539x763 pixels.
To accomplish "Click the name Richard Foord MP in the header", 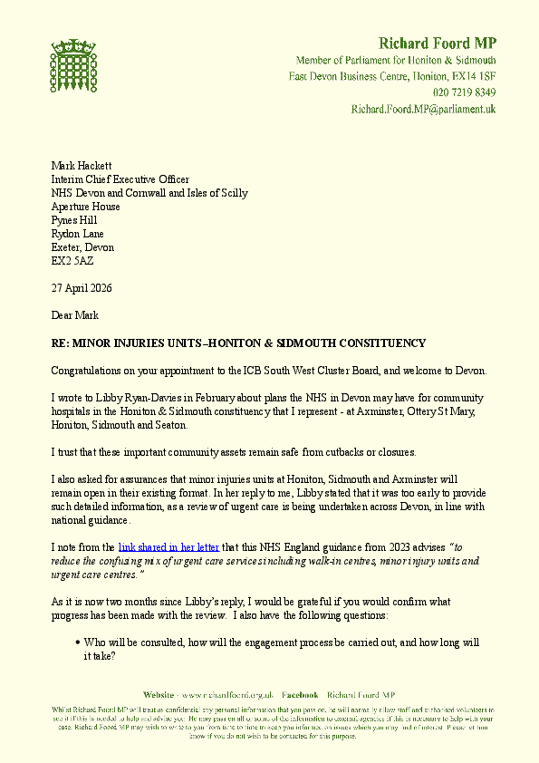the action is pos(437,43).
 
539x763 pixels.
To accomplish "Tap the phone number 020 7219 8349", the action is pos(464,92).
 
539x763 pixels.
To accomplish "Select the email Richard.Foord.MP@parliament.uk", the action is pos(423,109).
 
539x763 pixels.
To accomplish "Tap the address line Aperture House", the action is pos(85,207).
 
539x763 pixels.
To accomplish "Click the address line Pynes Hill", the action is pos(74,220).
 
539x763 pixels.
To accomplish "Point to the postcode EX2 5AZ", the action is pos(72,261).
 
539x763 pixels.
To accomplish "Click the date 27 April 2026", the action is pos(82,288).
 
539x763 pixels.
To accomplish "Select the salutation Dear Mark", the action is pos(74,315).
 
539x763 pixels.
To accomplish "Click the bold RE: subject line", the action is pos(237,343).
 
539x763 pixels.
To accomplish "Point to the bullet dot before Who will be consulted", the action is pos(79,642).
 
